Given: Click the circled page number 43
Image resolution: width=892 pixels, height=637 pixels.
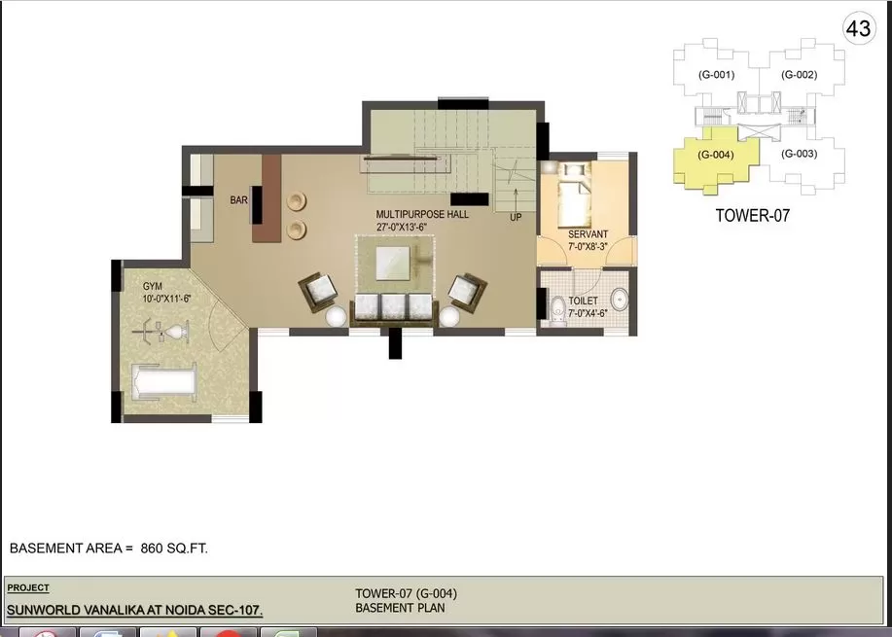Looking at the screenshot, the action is [858, 28].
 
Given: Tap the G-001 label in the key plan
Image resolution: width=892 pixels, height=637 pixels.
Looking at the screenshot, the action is [716, 75].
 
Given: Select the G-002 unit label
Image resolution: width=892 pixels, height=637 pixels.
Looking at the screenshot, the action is [799, 75].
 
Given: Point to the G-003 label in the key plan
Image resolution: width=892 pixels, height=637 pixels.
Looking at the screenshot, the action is [799, 154].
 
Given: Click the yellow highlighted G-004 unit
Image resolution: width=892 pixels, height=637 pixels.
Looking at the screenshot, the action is [716, 159].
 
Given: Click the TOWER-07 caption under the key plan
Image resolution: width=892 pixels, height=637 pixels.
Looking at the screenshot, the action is [753, 216].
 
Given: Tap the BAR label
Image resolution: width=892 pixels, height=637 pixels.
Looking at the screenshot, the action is [239, 200].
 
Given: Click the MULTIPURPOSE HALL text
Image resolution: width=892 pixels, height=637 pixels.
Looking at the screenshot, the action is [422, 214].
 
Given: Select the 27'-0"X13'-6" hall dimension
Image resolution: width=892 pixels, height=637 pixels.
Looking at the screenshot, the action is [402, 227].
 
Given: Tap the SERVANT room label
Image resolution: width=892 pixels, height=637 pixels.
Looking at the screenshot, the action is [588, 234].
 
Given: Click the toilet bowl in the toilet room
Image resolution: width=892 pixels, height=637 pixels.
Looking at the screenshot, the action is [557, 310].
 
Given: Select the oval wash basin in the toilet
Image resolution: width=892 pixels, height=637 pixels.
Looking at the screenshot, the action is [619, 300].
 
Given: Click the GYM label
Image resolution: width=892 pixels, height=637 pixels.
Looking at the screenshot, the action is [153, 287].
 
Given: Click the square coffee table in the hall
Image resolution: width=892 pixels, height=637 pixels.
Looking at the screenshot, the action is [393, 264].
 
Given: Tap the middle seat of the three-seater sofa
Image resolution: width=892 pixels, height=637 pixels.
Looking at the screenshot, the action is [393, 306].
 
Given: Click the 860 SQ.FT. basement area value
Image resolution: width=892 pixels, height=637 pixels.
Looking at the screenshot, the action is [174, 549].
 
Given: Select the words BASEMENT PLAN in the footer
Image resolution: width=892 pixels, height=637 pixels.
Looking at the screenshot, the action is [400, 608].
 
